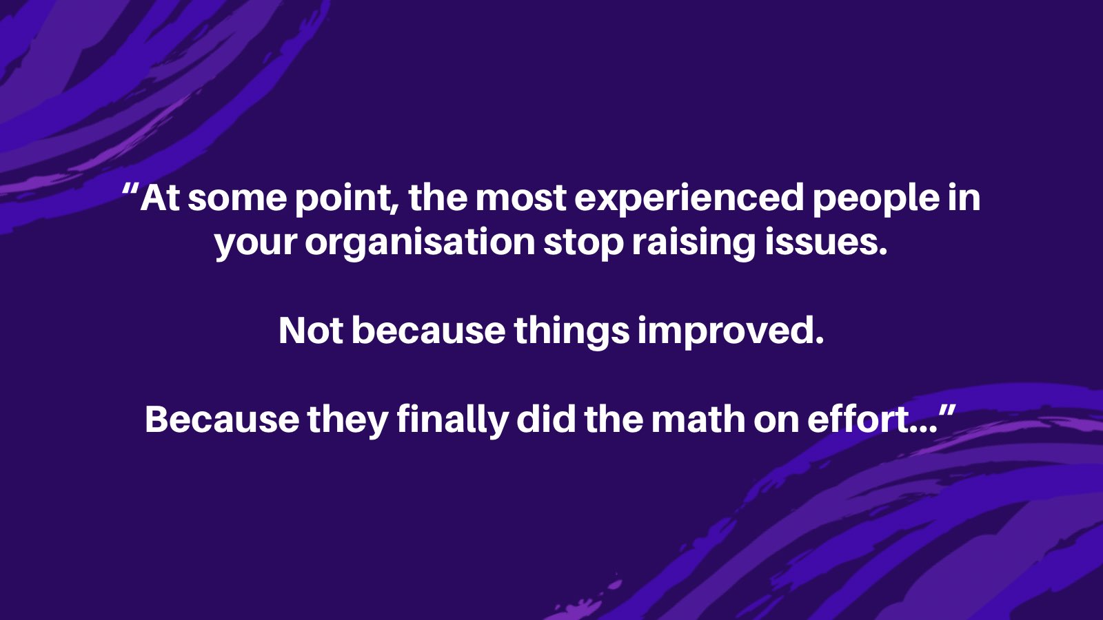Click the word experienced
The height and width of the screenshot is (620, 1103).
coord(689,199)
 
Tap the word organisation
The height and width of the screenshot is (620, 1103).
coord(420,243)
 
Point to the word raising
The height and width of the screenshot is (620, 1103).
coord(694,243)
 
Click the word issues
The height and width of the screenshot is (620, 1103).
coord(826,242)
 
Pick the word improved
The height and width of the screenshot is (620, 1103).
coord(731,331)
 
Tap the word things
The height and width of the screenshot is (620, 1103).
coord(571,331)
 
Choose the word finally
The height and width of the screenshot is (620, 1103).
coord(452,420)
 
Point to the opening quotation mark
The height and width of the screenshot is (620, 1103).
coord(130,190)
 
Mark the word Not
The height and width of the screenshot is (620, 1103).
coord(311,331)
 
